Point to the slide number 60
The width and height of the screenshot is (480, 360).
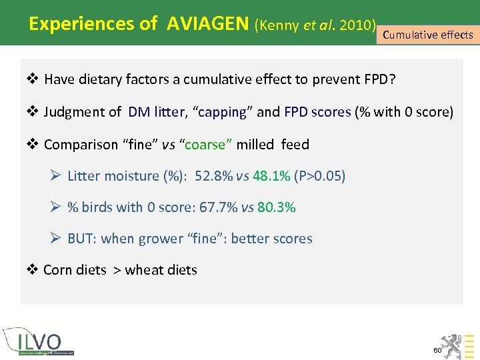click(437, 350)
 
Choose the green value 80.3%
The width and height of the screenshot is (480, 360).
click(277, 207)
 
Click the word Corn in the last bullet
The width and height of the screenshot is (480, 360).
click(57, 270)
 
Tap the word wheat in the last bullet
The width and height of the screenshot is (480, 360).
click(142, 270)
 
